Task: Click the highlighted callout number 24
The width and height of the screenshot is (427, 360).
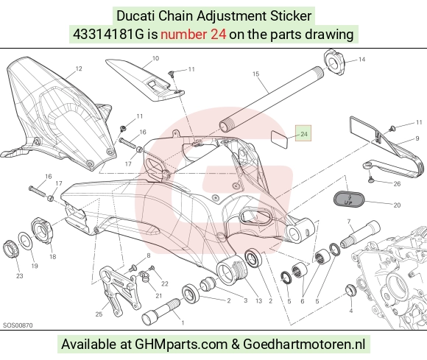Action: coord(303,134)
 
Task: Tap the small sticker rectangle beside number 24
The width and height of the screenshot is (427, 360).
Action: coord(280,140)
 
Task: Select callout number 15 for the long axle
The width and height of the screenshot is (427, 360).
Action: coord(255,74)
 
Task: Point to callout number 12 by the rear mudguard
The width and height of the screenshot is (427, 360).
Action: coord(79,68)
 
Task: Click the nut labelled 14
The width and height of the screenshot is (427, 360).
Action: coord(334,63)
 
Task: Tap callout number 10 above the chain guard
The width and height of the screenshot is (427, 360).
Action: coord(155,58)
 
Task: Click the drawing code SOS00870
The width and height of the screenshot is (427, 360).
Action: coord(18,325)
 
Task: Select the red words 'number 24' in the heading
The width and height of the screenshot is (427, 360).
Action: coord(193,35)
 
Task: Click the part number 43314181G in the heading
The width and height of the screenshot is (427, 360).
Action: coord(108,35)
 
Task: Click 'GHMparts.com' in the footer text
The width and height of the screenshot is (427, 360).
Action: coord(181,345)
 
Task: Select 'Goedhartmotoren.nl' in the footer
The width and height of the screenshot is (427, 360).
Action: coord(304,345)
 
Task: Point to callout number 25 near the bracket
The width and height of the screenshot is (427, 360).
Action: coord(99,314)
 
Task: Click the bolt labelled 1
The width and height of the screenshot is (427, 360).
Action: coord(161,311)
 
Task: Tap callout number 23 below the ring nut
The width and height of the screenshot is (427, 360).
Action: coord(20,276)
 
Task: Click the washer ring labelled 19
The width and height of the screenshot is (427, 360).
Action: coord(26,240)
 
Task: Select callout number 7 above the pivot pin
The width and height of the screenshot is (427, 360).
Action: coord(349,222)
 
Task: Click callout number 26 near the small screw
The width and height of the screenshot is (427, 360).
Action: coord(397,184)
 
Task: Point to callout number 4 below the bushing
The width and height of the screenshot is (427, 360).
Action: coord(351,311)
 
